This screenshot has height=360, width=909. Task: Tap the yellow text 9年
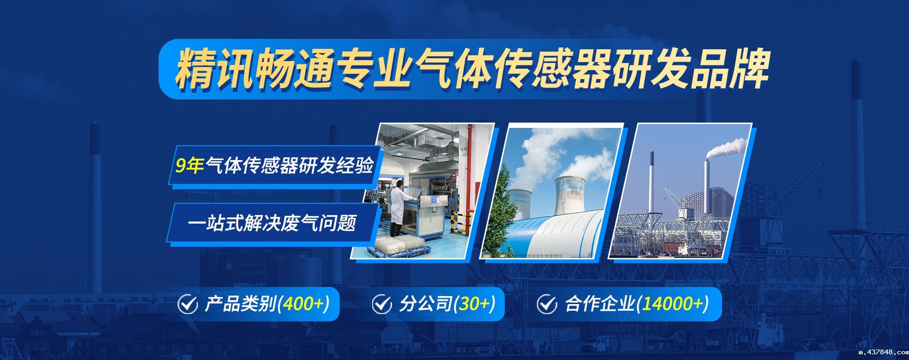(x=189, y=165)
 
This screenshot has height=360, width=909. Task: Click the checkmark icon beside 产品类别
(x=187, y=304)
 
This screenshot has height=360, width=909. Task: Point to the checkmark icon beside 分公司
(x=382, y=304)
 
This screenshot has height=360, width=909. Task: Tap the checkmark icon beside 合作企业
(x=547, y=304)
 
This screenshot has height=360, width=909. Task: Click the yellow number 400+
(x=303, y=304)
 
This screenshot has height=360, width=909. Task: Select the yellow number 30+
(x=475, y=304)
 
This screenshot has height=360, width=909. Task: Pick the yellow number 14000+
(x=672, y=304)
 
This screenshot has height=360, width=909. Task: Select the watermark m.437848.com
(x=883, y=352)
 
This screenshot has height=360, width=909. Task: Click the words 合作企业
(x=599, y=304)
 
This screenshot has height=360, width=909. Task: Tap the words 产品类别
(x=241, y=304)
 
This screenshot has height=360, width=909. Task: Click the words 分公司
(x=425, y=304)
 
